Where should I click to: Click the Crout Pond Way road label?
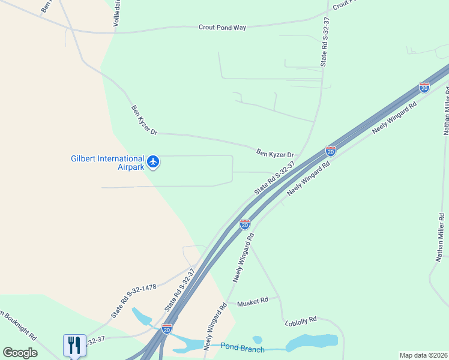[223, 28]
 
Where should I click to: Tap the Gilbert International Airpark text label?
[108, 163]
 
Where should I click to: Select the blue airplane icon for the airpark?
[154, 161]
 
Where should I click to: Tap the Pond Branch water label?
[242, 347]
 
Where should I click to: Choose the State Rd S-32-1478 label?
[133, 301]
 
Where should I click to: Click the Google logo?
[20, 353]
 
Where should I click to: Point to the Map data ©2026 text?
[423, 355]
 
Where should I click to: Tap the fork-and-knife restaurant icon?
[74, 344]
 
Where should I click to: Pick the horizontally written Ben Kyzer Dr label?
[275, 154]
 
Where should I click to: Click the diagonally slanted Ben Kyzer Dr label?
[144, 120]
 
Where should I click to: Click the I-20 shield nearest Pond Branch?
[167, 329]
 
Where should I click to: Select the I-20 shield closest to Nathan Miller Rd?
[424, 88]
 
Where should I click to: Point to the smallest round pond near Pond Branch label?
[258, 340]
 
